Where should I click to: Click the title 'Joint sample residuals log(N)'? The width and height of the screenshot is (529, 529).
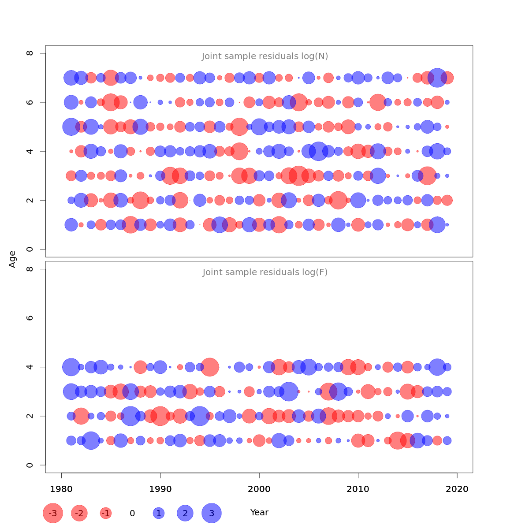coord(265,56)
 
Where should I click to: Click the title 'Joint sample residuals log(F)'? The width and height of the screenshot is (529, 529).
coord(265,272)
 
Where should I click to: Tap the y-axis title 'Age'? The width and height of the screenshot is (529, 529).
coord(12,259)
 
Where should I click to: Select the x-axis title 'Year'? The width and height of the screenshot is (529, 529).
coord(259,513)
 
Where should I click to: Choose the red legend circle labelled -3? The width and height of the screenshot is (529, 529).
coord(53,513)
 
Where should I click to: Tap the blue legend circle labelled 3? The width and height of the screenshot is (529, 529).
coord(212,513)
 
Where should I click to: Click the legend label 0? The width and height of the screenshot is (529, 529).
coord(132,513)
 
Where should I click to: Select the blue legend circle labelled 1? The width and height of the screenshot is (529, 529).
coord(159,513)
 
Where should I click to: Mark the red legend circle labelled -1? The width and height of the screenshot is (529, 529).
coord(106,513)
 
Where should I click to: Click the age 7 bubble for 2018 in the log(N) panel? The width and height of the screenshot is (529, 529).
coord(437,78)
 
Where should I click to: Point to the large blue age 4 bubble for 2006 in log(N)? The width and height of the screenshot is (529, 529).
coord(318,151)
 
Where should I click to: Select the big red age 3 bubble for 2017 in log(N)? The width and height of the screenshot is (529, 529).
coord(427,175)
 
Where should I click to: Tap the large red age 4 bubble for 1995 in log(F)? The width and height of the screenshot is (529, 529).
coord(210,367)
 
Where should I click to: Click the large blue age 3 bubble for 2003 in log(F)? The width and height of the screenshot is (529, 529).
coord(289,391)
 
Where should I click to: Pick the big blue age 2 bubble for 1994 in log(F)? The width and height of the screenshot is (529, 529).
coord(200,416)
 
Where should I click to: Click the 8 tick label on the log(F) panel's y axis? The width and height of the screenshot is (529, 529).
coord(30,269)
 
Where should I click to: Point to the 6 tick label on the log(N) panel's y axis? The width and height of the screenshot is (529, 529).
coord(30,102)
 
